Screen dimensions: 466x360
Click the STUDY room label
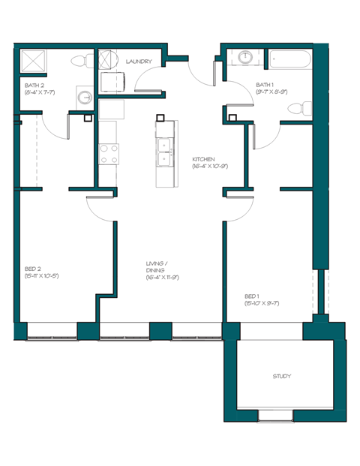(281, 376)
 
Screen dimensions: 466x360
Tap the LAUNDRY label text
(139, 62)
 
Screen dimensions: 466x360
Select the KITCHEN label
(203, 159)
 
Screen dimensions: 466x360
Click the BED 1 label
(252, 296)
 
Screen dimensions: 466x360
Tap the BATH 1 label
(265, 85)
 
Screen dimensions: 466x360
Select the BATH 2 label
(34, 86)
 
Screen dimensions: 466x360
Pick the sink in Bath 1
(245, 57)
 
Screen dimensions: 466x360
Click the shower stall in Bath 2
(33, 61)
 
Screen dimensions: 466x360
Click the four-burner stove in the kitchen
(109, 154)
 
